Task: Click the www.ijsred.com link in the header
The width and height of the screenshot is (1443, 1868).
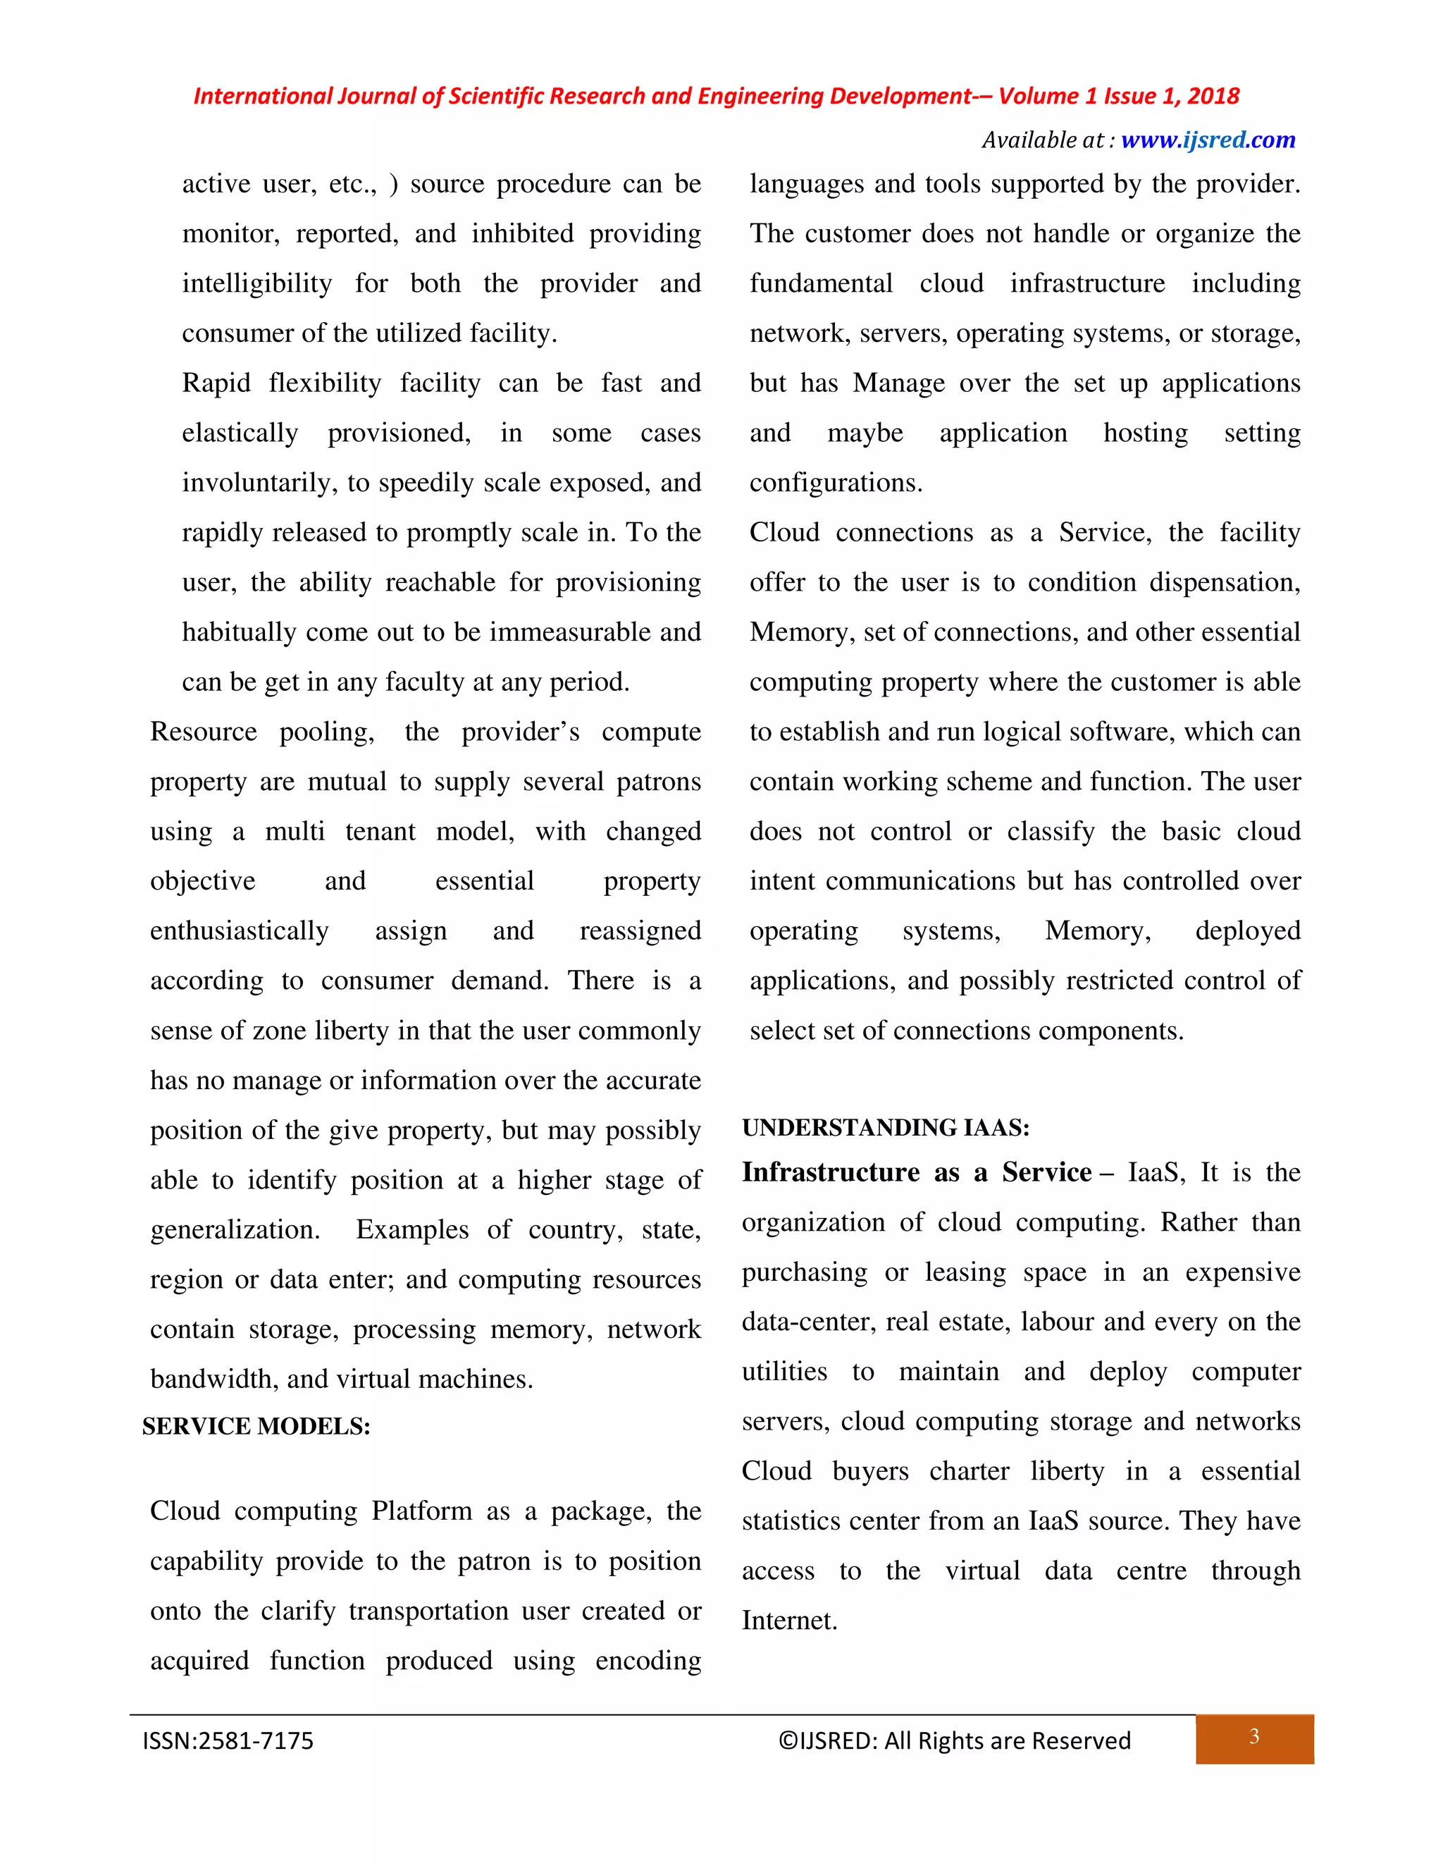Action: [1207, 140]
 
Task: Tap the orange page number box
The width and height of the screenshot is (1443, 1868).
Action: [1254, 1738]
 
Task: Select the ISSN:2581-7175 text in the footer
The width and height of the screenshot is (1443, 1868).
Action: [228, 1740]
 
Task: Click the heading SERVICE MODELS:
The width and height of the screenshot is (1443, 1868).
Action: [256, 1426]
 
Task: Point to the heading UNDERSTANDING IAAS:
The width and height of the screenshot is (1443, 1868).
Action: [886, 1127]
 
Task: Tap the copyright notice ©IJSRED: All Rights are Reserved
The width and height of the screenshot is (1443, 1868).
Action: [954, 1740]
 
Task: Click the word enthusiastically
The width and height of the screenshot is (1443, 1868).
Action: [240, 930]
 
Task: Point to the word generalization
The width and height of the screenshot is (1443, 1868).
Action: [235, 1230]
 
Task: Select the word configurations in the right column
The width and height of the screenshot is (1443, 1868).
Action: [835, 484]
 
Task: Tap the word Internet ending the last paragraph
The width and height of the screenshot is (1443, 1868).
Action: [788, 1621]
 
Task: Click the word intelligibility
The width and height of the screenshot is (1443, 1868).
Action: [256, 284]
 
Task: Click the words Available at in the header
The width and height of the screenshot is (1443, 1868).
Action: [1043, 140]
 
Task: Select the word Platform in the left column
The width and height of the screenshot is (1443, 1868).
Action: [421, 1511]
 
